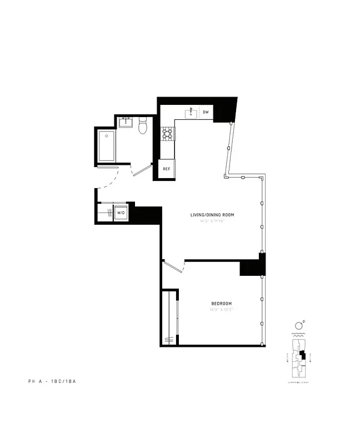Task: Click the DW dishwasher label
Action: (x=206, y=113)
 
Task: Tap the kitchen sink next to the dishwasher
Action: (x=191, y=113)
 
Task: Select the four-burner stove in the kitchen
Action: (x=167, y=133)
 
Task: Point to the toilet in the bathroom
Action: (x=142, y=127)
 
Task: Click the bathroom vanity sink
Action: (x=126, y=122)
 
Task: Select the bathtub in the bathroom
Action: (x=107, y=145)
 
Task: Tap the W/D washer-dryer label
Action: (x=121, y=213)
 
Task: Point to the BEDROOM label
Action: (x=221, y=303)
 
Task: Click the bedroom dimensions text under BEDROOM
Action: (x=221, y=309)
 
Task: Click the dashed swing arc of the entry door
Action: (x=113, y=180)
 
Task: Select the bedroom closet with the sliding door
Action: (x=169, y=318)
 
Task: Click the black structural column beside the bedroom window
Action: (x=253, y=265)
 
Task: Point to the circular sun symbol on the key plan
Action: (x=298, y=325)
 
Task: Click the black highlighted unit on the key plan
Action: (x=302, y=355)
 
